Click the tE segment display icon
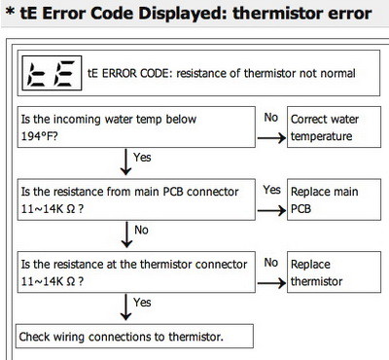49,71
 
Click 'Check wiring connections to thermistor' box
134,337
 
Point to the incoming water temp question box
134,125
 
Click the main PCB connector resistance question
134,199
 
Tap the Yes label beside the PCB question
272,190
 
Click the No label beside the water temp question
272,117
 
